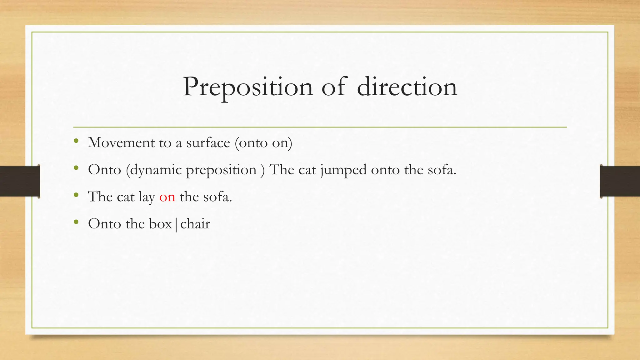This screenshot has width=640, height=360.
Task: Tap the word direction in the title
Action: (x=407, y=87)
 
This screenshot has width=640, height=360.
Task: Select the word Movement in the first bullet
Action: (x=121, y=143)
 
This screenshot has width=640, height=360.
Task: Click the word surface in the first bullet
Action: (x=208, y=143)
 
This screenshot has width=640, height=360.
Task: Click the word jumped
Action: (x=343, y=170)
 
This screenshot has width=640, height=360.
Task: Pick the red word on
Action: (x=167, y=197)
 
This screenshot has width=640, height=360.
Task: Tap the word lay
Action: (x=147, y=197)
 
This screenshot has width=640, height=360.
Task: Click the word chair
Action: (x=195, y=224)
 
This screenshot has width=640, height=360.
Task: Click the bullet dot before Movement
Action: (x=76, y=141)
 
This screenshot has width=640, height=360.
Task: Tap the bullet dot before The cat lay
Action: (x=76, y=195)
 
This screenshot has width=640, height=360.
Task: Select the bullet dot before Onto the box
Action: (x=76, y=222)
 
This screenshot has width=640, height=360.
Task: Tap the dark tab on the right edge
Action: (x=620, y=181)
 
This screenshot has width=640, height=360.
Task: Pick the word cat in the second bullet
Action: (x=307, y=170)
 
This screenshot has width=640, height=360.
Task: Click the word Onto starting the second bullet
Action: (x=104, y=170)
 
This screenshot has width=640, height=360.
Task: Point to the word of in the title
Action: (x=334, y=87)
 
